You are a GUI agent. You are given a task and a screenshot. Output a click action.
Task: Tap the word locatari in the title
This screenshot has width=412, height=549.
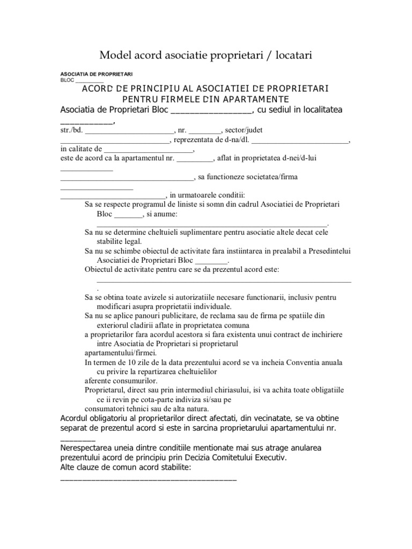tap(292, 55)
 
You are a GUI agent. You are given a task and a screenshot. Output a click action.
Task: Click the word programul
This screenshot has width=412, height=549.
tap(155, 204)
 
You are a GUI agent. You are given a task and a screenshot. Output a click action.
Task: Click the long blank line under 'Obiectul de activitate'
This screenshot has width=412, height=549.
tap(224, 279)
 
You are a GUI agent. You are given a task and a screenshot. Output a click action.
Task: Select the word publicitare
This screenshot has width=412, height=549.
tap(158, 315)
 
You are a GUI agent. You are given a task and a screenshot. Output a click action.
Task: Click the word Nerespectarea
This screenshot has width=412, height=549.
tap(86, 448)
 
